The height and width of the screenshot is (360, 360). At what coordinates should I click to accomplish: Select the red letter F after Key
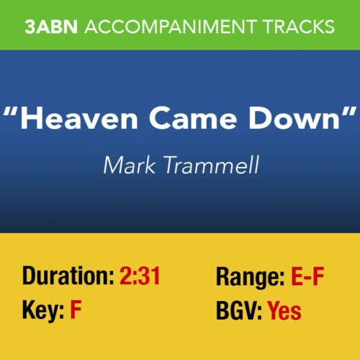coord(76,311)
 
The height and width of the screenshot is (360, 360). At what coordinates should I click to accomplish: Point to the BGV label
coord(239,311)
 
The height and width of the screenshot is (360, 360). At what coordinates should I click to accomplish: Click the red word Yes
coord(284,311)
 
